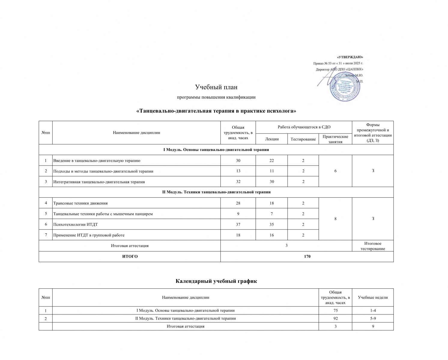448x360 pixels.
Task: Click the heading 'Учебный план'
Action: click(x=216, y=87)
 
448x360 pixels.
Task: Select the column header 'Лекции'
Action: click(x=272, y=139)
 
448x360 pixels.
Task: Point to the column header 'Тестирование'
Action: click(x=303, y=139)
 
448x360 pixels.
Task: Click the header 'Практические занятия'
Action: click(x=335, y=139)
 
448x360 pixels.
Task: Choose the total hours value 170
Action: click(x=307, y=256)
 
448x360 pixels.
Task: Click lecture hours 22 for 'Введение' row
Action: click(x=272, y=160)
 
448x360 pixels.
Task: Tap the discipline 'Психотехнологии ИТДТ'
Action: click(x=75, y=224)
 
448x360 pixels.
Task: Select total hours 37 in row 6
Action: click(x=238, y=224)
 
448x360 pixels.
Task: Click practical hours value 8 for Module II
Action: click(x=335, y=219)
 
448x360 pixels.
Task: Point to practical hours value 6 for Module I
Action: click(x=335, y=171)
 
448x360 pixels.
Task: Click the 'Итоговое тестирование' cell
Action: click(x=373, y=246)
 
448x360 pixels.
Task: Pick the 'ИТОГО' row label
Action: click(x=130, y=256)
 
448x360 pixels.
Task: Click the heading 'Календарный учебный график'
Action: click(x=216, y=281)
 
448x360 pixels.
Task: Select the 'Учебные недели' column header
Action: click(x=373, y=297)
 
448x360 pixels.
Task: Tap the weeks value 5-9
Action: click(x=373, y=318)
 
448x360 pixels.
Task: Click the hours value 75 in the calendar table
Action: click(x=335, y=310)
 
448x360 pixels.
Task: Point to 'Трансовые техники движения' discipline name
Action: click(x=80, y=203)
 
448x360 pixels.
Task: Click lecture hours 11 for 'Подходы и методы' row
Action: click(x=272, y=171)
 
